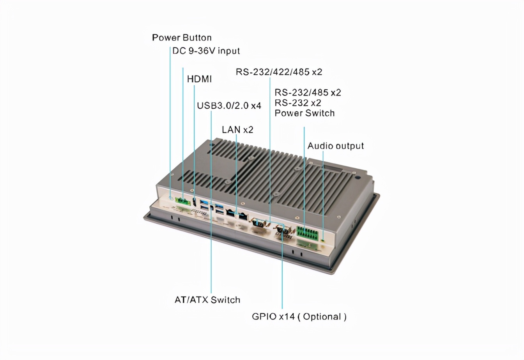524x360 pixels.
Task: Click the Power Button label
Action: coord(182,38)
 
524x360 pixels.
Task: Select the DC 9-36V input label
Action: coord(206,51)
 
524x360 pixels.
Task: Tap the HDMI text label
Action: coord(199,79)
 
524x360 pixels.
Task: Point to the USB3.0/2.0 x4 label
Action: coord(229,106)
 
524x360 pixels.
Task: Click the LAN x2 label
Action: coord(238,130)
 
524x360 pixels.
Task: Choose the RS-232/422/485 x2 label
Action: coord(279,72)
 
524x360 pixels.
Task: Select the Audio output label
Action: coord(336,146)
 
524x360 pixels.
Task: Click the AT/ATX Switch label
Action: coord(207,300)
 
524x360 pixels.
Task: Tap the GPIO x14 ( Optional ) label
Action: coord(299,317)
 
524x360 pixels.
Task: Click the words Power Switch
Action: coord(304,113)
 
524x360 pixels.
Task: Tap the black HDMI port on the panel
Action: coord(194,201)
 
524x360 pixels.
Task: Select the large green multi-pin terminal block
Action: coord(308,233)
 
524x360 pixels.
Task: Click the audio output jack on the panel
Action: coord(324,240)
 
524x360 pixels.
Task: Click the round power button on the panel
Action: coord(171,198)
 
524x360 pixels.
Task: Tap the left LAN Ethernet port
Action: coord(231,213)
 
